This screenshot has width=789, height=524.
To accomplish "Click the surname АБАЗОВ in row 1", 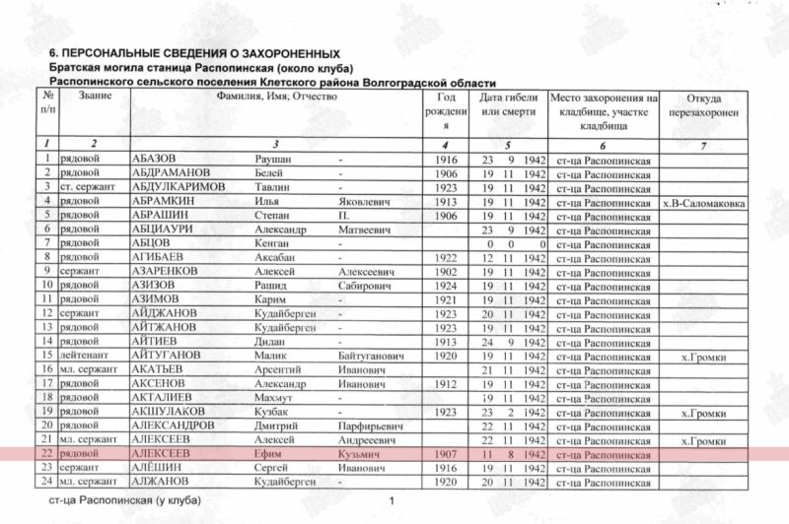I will (156, 160).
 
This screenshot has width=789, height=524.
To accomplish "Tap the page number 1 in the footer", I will (392, 502).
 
